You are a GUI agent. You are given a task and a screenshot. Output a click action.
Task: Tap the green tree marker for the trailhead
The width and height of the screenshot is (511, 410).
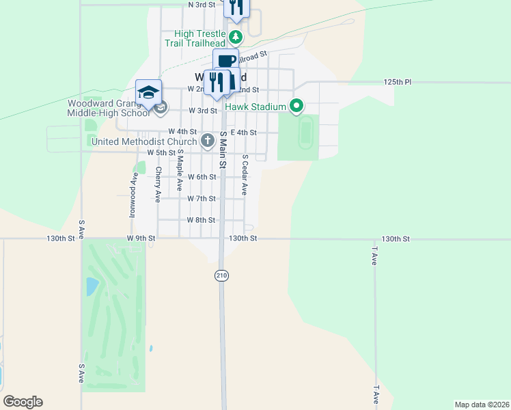(236, 36)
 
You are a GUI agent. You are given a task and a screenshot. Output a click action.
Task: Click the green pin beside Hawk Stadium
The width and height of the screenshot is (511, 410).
(296, 106)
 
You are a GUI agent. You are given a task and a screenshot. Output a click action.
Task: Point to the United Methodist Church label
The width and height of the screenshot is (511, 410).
(144, 142)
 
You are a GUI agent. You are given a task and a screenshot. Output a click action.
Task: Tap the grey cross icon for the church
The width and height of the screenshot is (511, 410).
(208, 141)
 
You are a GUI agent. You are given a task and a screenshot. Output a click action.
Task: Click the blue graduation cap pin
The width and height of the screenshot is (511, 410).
(149, 92)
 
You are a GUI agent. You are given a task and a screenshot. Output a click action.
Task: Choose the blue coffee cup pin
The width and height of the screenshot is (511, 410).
(225, 60)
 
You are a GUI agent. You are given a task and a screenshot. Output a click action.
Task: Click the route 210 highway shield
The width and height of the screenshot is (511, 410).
(221, 275)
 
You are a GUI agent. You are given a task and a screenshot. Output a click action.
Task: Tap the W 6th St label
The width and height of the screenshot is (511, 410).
(202, 177)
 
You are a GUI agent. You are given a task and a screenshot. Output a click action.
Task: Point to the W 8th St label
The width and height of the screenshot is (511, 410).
(202, 220)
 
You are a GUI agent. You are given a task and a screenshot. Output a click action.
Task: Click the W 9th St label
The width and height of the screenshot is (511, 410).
(141, 238)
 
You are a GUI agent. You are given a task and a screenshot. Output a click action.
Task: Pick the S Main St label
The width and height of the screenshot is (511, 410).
(223, 150)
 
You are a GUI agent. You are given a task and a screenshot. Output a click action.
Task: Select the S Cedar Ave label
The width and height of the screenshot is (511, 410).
(245, 174)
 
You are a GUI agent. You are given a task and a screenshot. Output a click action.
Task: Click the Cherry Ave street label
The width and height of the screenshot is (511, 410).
(158, 184)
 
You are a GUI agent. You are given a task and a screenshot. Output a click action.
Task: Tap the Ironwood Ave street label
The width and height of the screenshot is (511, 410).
(133, 195)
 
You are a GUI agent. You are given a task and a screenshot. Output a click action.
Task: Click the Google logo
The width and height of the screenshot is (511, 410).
(23, 402)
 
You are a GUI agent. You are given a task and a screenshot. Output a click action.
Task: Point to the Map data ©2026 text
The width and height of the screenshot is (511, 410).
(482, 405)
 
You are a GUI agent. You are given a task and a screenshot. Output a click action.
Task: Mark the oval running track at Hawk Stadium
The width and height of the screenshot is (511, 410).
(305, 133)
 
